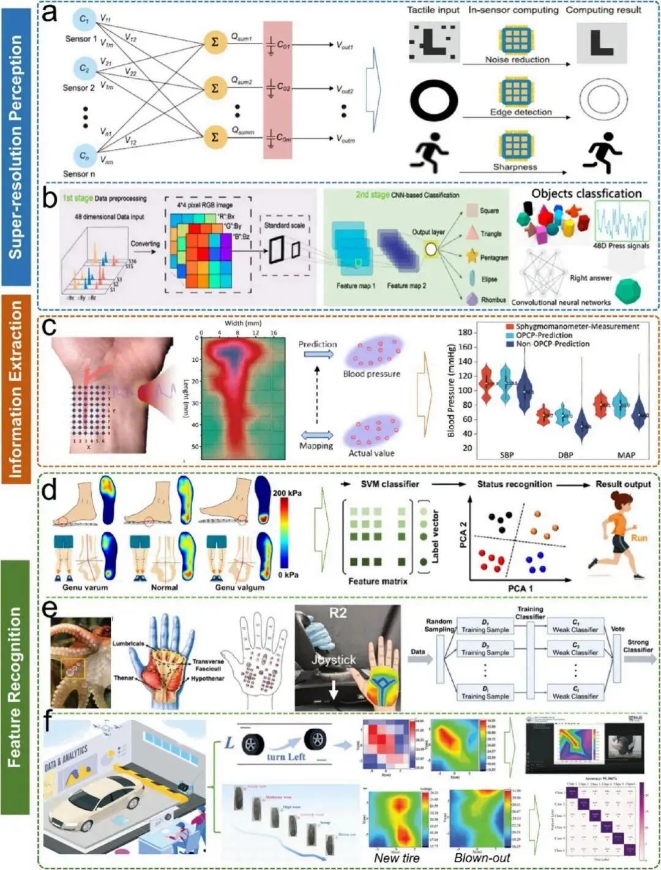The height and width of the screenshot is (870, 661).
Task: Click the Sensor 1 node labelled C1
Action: tap(84, 20)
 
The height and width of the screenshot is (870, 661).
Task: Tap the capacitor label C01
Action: tap(283, 45)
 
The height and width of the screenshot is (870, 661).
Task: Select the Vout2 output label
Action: tap(345, 89)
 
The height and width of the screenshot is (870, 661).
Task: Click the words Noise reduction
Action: tap(517, 59)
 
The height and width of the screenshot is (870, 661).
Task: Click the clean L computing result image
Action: tap(602, 43)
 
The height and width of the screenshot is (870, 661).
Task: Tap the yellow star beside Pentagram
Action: tap(472, 256)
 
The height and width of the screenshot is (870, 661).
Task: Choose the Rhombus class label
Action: tap(493, 300)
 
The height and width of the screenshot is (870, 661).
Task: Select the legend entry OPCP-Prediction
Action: tap(544, 335)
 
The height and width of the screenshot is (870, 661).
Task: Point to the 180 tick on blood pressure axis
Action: tap(465, 332)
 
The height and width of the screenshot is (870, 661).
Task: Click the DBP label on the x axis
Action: tap(566, 455)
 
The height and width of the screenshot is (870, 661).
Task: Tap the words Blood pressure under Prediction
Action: tap(372, 373)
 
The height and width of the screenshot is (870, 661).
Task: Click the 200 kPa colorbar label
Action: tap(288, 493)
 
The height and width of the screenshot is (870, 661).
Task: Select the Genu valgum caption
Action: tap(240, 587)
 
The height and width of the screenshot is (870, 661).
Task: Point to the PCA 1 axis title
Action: tap(520, 588)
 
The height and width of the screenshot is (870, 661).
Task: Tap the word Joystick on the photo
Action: tap(333, 659)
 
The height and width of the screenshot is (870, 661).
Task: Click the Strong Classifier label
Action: tap(638, 646)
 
